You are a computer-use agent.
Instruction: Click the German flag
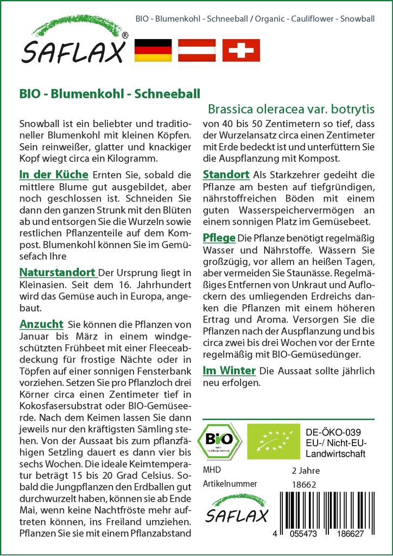(x=153, y=50)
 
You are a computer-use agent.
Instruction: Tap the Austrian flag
(x=197, y=50)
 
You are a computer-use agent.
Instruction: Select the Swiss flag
(x=241, y=50)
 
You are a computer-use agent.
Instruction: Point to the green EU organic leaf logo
(x=269, y=440)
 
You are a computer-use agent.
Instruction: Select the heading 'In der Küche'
(x=53, y=175)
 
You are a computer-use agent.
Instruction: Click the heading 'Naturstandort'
(x=58, y=272)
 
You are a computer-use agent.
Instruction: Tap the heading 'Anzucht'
(x=41, y=324)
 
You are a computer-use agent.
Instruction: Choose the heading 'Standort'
(x=226, y=175)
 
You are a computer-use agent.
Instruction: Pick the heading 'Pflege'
(x=218, y=238)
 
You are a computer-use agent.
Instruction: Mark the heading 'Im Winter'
(x=229, y=371)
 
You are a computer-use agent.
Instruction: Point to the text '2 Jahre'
(x=306, y=470)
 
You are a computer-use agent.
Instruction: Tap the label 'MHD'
(x=212, y=470)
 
